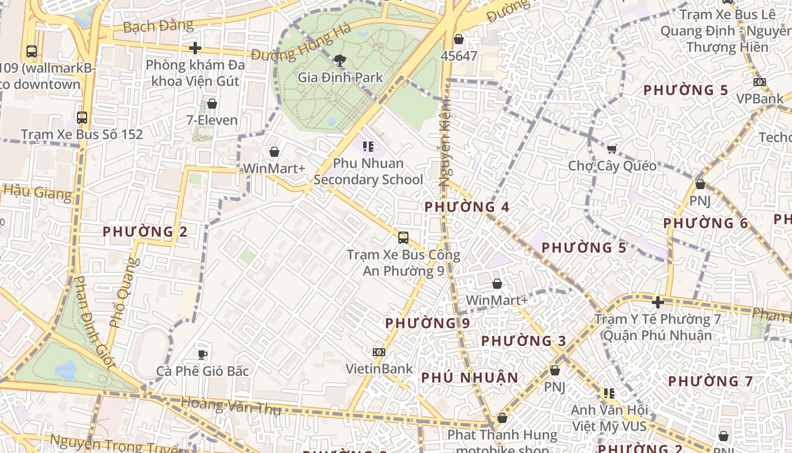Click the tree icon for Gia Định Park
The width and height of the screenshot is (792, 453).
point(340,59)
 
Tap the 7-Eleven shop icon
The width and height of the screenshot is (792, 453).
point(212,104)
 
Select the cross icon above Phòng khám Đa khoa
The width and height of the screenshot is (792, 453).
point(195,48)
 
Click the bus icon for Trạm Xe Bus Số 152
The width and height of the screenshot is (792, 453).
point(82,118)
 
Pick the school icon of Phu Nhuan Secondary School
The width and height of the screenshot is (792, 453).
point(368,147)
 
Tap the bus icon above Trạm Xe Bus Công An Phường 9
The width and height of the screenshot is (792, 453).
point(403,238)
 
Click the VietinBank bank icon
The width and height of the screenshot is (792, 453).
point(379,352)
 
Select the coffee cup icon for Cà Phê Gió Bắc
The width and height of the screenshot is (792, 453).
point(203,354)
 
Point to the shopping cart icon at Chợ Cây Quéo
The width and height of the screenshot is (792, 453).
point(612,149)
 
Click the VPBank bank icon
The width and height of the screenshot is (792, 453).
point(760,82)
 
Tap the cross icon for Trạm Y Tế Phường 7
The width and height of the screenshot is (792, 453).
point(657,302)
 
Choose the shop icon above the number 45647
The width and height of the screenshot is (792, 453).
point(459,39)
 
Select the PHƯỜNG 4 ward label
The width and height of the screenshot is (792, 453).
point(467,207)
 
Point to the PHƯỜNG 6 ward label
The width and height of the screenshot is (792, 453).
point(705,223)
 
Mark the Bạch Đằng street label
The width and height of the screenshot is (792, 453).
point(158,26)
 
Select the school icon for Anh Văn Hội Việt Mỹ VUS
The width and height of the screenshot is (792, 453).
point(609,393)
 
